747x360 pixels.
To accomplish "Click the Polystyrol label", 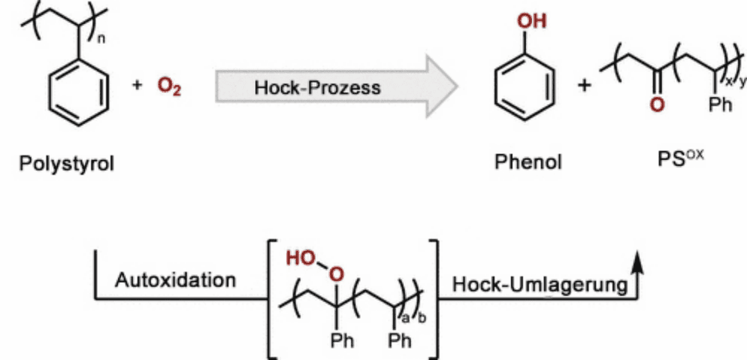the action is (66, 164).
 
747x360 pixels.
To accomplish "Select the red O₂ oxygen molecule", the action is (169, 89).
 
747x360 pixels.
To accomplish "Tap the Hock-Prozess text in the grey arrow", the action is (317, 87).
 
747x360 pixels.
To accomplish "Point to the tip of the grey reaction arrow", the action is (458, 87).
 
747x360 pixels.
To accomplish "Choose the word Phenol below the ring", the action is (528, 162).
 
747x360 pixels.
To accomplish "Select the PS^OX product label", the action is (681, 158).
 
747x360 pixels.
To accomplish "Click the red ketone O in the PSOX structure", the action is (657, 104).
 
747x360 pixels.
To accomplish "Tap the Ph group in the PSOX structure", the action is (720, 105).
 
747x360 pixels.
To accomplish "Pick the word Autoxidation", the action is (176, 280).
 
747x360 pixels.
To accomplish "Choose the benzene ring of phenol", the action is (524, 88).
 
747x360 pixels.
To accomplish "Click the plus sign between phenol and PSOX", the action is (584, 86).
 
